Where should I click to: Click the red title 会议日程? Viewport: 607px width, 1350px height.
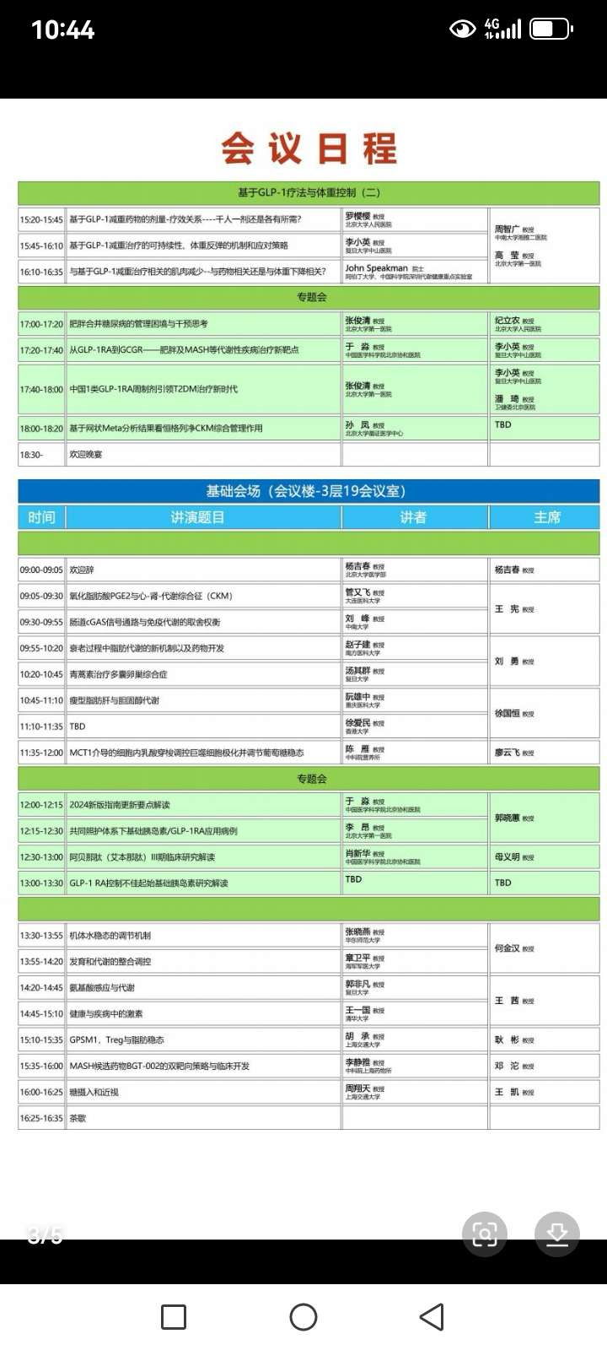(x=309, y=148)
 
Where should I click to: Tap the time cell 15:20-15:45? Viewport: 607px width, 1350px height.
(x=41, y=219)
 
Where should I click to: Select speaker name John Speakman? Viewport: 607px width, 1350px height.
(x=376, y=267)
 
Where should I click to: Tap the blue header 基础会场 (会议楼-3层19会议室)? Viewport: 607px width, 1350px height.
(x=309, y=491)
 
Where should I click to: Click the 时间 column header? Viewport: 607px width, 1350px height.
(x=41, y=517)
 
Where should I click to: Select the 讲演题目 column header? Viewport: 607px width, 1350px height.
(x=197, y=517)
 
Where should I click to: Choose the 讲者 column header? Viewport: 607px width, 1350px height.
(x=413, y=517)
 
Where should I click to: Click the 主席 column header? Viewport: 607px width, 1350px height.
(x=546, y=517)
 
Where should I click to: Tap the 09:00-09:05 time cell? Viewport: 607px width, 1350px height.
(x=41, y=570)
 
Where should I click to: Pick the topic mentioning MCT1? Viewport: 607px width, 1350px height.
(x=186, y=753)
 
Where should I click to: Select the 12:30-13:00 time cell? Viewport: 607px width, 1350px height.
(x=41, y=857)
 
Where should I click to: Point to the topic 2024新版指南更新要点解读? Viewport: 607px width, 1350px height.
(x=120, y=805)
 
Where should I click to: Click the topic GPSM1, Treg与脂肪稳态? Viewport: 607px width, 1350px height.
(x=116, y=1040)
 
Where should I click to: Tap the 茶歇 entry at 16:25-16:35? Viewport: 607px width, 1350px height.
(x=78, y=1119)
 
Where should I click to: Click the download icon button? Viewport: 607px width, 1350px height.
(x=556, y=1234)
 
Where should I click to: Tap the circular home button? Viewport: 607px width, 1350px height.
(x=303, y=1317)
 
